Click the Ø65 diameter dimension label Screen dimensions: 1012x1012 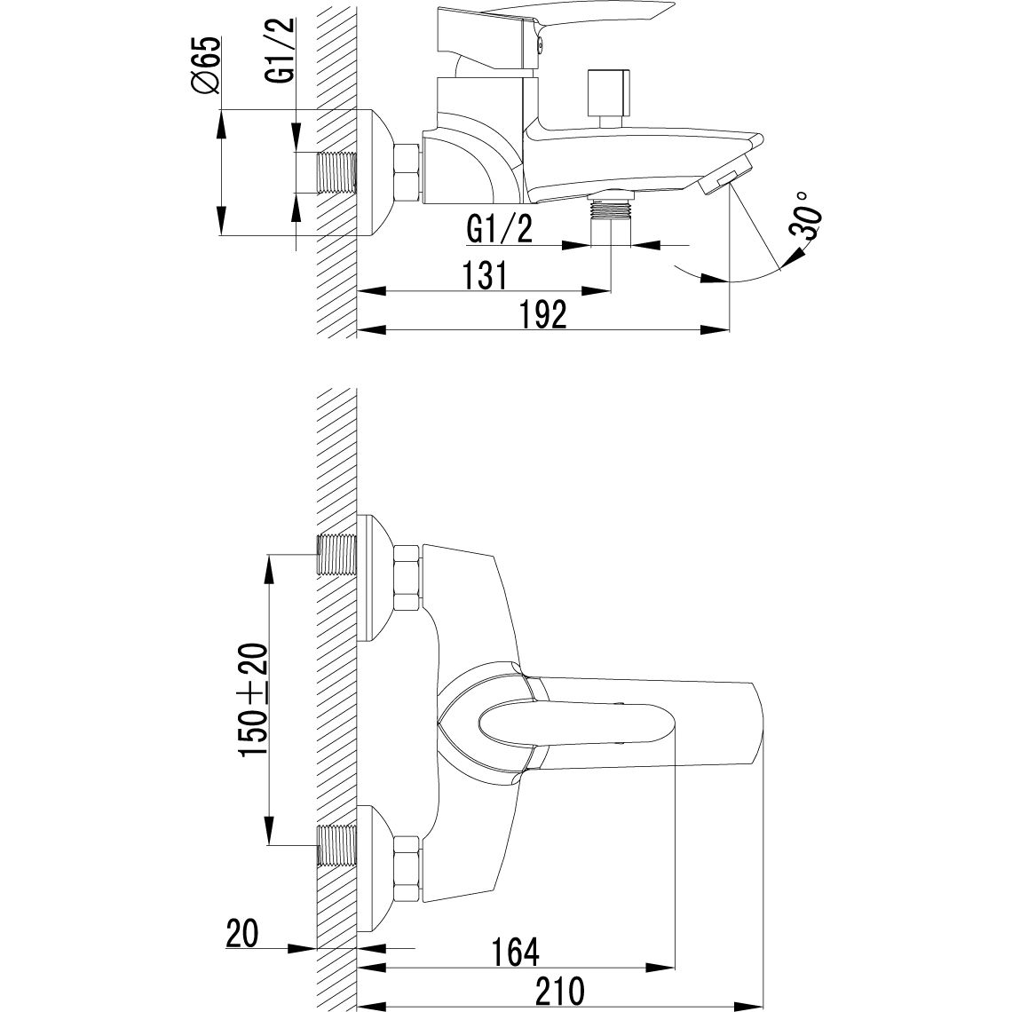pyautogui.click(x=205, y=66)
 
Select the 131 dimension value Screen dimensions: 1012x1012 pyautogui.click(x=486, y=275)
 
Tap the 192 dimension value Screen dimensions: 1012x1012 pyautogui.click(x=543, y=314)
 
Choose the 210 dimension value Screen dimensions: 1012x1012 pyautogui.click(x=559, y=991)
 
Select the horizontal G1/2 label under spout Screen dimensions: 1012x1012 pyautogui.click(x=500, y=230)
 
